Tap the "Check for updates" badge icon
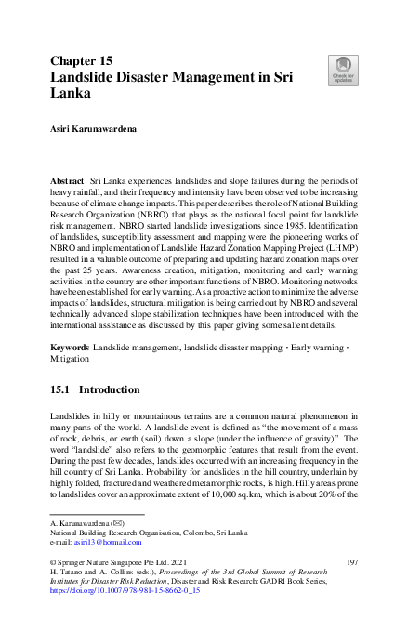point(341,69)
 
